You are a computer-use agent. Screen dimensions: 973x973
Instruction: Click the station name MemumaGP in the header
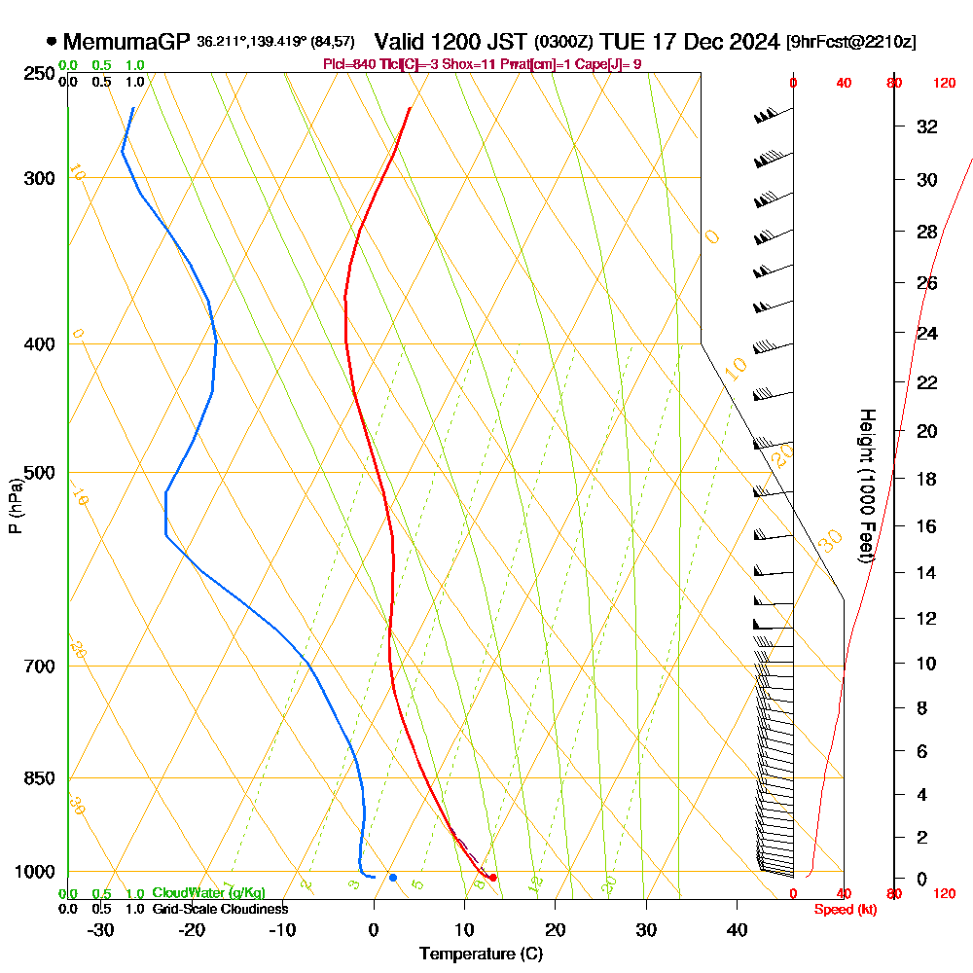(x=126, y=43)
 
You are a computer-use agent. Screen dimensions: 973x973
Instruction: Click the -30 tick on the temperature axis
(x=101, y=929)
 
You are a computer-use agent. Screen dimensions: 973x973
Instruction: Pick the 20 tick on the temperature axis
(x=556, y=929)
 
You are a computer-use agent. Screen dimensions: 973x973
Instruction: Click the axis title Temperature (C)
(x=481, y=954)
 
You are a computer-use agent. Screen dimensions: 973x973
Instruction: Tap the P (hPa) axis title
(x=15, y=506)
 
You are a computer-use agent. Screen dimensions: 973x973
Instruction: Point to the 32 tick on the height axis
(x=927, y=126)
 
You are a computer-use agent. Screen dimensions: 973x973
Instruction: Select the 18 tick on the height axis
(x=927, y=479)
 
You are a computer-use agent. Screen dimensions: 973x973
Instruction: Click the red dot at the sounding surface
(x=493, y=878)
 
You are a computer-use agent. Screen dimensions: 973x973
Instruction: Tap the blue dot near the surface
(x=393, y=878)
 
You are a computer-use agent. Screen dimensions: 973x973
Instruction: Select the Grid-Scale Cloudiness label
(x=220, y=909)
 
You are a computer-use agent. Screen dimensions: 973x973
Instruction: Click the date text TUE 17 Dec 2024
(x=690, y=42)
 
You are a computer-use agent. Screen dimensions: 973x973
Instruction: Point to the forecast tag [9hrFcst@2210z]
(x=850, y=43)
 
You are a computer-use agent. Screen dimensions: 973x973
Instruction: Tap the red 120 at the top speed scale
(x=944, y=84)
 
